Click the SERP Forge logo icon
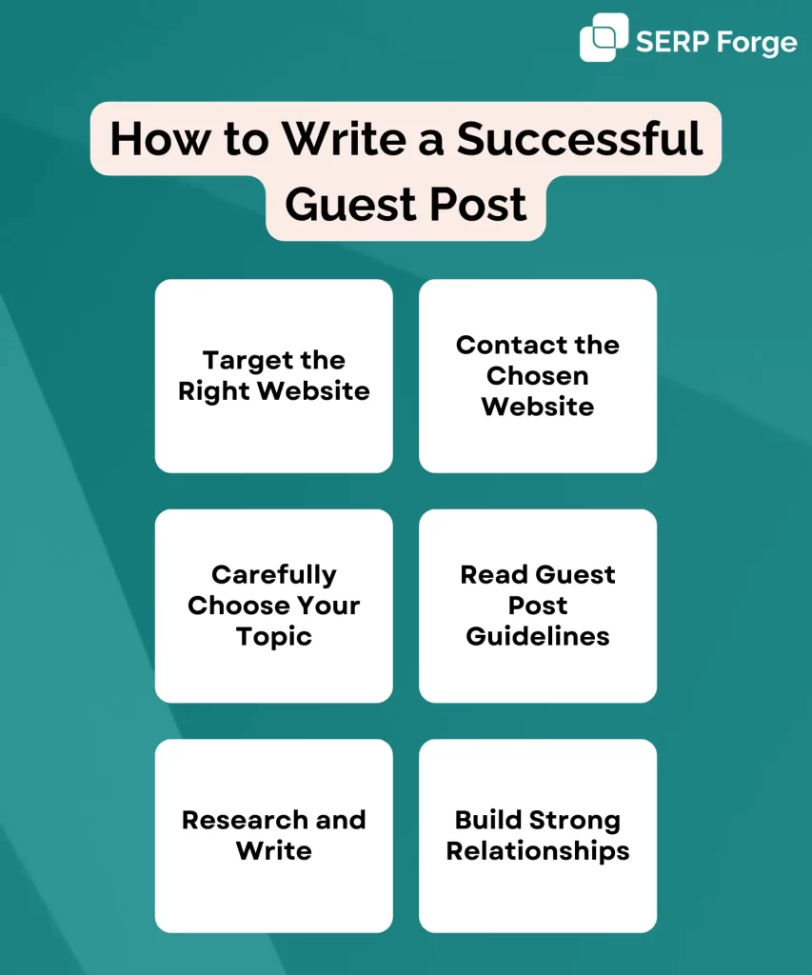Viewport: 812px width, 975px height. click(x=604, y=37)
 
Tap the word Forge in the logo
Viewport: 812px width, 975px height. click(x=757, y=43)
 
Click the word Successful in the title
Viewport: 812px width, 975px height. click(x=580, y=138)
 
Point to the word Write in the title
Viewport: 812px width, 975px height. click(x=345, y=138)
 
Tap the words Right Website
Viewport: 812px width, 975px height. click(x=274, y=391)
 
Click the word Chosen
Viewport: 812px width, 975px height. click(x=537, y=375)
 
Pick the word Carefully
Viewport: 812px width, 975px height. click(x=273, y=575)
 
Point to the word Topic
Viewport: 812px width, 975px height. click(x=273, y=637)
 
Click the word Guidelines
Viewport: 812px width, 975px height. click(x=538, y=636)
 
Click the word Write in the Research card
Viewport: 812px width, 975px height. click(x=273, y=850)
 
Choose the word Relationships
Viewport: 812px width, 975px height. click(x=538, y=851)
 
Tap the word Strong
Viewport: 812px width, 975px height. click(x=575, y=821)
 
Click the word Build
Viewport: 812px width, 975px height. click(x=488, y=820)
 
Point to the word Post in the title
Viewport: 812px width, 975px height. click(x=478, y=205)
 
